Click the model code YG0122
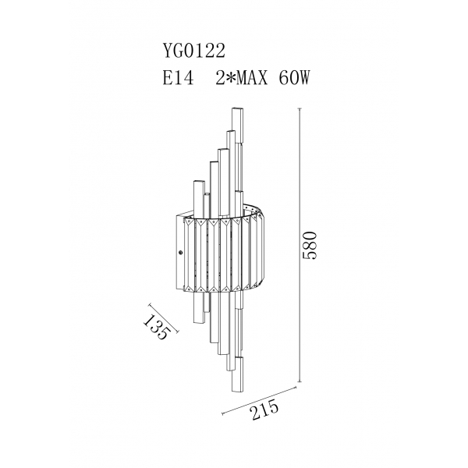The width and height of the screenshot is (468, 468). pos(193,51)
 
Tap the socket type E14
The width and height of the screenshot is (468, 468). pos(178,78)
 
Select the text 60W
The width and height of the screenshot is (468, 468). pos(294,78)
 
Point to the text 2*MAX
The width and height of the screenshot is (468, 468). pos(242,78)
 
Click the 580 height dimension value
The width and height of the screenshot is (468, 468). pos(309,245)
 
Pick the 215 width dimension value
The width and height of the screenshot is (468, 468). pos(265,411)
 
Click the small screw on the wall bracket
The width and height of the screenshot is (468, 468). pos(180,253)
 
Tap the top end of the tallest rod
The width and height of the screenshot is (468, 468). pos(238,108)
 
